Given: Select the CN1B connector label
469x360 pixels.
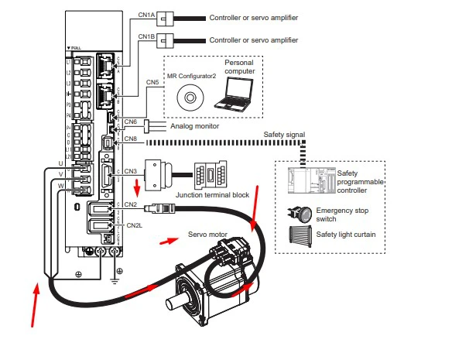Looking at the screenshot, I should click(x=147, y=37).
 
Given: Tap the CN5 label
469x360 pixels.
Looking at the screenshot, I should click(x=152, y=81).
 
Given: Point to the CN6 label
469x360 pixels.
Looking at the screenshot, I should click(x=131, y=121).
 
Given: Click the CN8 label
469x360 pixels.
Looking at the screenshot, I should click(x=131, y=139).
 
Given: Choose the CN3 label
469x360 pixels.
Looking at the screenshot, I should click(x=131, y=170).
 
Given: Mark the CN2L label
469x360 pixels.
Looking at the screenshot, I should click(x=134, y=225).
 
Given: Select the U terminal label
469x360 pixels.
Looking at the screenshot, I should click(x=60, y=163).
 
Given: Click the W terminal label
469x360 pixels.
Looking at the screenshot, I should click(x=60, y=186).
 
